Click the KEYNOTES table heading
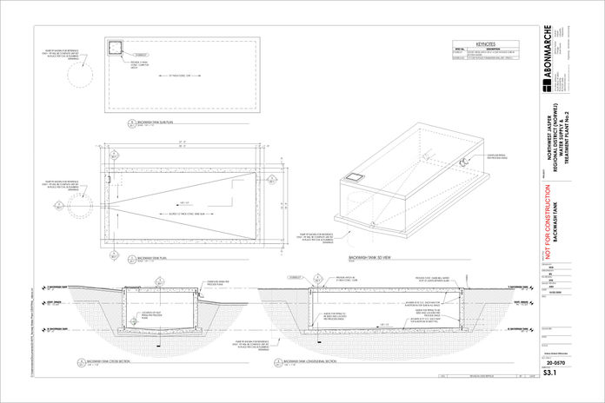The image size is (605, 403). pos(485,43)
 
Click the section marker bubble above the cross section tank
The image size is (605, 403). pos(161,282)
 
